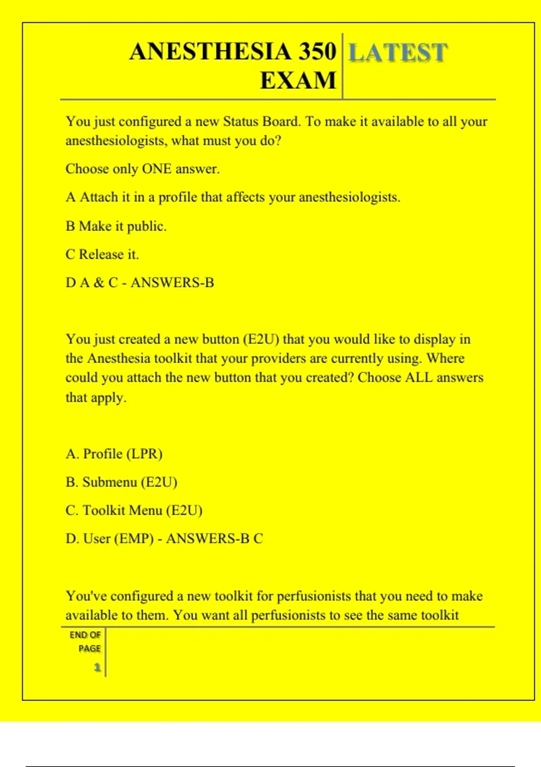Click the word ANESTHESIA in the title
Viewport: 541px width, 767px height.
coord(210,51)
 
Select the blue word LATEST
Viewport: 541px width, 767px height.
coord(398,52)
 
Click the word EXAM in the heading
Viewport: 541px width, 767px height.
coord(298,81)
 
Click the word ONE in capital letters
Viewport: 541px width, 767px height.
coord(156,169)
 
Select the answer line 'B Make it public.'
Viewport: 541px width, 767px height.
coord(116,226)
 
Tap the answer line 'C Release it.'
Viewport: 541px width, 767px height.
coord(102,254)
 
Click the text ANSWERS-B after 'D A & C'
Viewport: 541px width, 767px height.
coord(172,282)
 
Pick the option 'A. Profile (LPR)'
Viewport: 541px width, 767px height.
coord(114,453)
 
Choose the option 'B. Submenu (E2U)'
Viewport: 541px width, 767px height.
coord(121,482)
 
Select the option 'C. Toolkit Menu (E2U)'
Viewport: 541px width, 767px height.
coord(134,510)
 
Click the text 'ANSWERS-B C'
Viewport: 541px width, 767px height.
coord(214,538)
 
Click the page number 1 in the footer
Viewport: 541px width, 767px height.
coord(97,667)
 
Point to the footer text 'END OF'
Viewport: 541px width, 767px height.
coord(85,635)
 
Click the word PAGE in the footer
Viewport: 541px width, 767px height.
coord(89,648)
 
